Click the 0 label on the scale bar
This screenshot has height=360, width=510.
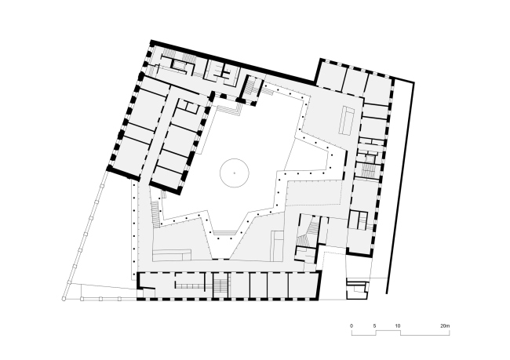click(x=352, y=325)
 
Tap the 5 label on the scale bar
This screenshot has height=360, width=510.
click(x=374, y=325)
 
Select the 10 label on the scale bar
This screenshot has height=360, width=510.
click(x=398, y=325)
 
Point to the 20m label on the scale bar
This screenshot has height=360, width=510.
click(x=445, y=325)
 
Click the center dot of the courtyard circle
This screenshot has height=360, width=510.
click(x=234, y=173)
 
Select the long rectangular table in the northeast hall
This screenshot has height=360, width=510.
click(x=346, y=119)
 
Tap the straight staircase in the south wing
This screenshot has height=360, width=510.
click(x=221, y=285)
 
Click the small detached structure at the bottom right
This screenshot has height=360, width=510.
click(x=357, y=289)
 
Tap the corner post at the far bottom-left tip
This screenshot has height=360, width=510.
click(x=64, y=298)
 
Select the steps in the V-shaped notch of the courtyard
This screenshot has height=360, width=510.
click(x=222, y=232)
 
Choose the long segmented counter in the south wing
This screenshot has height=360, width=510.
click(x=189, y=286)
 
